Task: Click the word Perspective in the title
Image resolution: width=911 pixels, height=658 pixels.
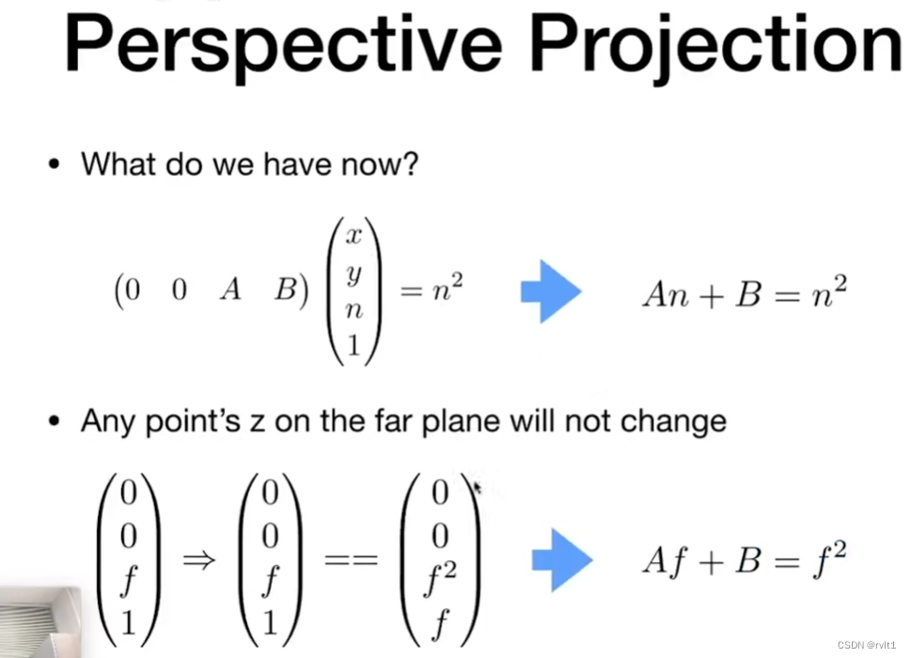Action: pyautogui.click(x=283, y=45)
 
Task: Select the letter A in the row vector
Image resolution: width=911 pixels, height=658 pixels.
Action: pyautogui.click(x=230, y=289)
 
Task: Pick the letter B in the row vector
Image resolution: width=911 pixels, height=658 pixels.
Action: pyautogui.click(x=287, y=289)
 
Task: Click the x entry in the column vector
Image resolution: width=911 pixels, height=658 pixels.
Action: pyautogui.click(x=353, y=236)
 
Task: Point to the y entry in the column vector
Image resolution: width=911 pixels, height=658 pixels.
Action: pyautogui.click(x=353, y=274)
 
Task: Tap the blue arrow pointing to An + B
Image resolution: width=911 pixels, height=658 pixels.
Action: pyautogui.click(x=551, y=291)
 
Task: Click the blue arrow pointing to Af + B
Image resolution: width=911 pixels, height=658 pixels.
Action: pyautogui.click(x=562, y=560)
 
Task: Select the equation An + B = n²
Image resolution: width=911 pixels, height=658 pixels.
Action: pyautogui.click(x=745, y=292)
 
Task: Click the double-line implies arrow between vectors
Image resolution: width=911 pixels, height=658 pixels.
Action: pyautogui.click(x=199, y=560)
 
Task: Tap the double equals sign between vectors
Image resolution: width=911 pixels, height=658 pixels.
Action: pyautogui.click(x=351, y=560)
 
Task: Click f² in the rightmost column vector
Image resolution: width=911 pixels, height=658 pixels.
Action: pyautogui.click(x=440, y=578)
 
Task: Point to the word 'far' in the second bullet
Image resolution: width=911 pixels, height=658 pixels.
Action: pyautogui.click(x=388, y=420)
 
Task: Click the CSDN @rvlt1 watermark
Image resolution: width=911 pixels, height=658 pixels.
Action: pyautogui.click(x=866, y=645)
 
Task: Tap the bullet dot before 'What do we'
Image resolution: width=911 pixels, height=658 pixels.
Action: pyautogui.click(x=54, y=164)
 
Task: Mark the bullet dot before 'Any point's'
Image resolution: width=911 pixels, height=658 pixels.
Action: pyautogui.click(x=54, y=421)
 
